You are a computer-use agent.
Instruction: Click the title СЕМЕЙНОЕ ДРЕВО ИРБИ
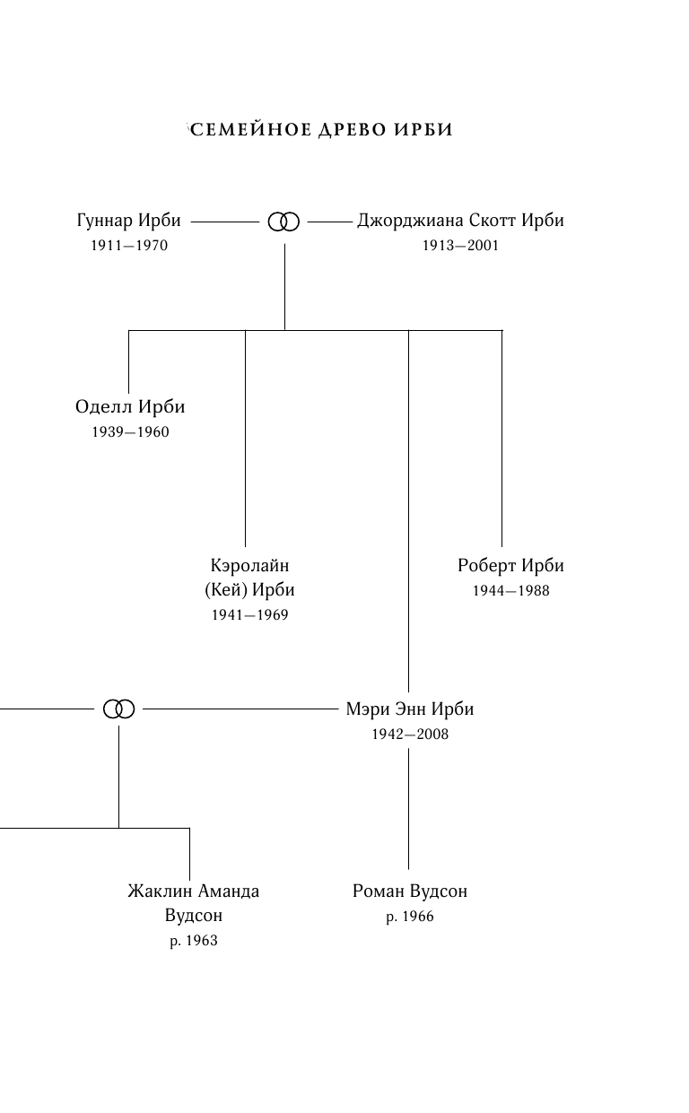pyautogui.click(x=320, y=130)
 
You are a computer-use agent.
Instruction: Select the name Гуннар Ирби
pyautogui.click(x=129, y=221)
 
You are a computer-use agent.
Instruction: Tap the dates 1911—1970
pyautogui.click(x=129, y=246)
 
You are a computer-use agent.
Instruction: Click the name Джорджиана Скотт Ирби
pyautogui.click(x=460, y=221)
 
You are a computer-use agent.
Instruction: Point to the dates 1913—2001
pyautogui.click(x=460, y=246)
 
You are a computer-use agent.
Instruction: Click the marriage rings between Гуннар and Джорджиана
pyautogui.click(x=283, y=221)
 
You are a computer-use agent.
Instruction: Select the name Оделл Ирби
pyautogui.click(x=130, y=407)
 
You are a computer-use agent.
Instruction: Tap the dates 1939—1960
pyautogui.click(x=130, y=432)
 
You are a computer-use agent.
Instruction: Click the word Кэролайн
pyautogui.click(x=249, y=566)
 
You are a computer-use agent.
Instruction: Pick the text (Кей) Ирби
pyautogui.click(x=249, y=590)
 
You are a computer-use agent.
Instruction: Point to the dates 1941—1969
pyautogui.click(x=249, y=615)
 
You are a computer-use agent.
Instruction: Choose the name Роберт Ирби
pyautogui.click(x=510, y=566)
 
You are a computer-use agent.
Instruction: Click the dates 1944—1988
pyautogui.click(x=510, y=591)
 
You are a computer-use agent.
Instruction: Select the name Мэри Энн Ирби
pyautogui.click(x=410, y=709)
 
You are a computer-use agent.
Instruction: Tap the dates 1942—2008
pyautogui.click(x=410, y=735)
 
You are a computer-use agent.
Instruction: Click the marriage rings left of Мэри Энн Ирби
pyautogui.click(x=118, y=709)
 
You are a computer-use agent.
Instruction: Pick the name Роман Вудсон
pyautogui.click(x=410, y=891)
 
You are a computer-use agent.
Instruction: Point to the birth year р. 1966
pyautogui.click(x=410, y=917)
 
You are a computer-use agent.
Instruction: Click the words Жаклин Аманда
pyautogui.click(x=193, y=891)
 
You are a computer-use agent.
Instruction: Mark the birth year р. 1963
pyautogui.click(x=193, y=941)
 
